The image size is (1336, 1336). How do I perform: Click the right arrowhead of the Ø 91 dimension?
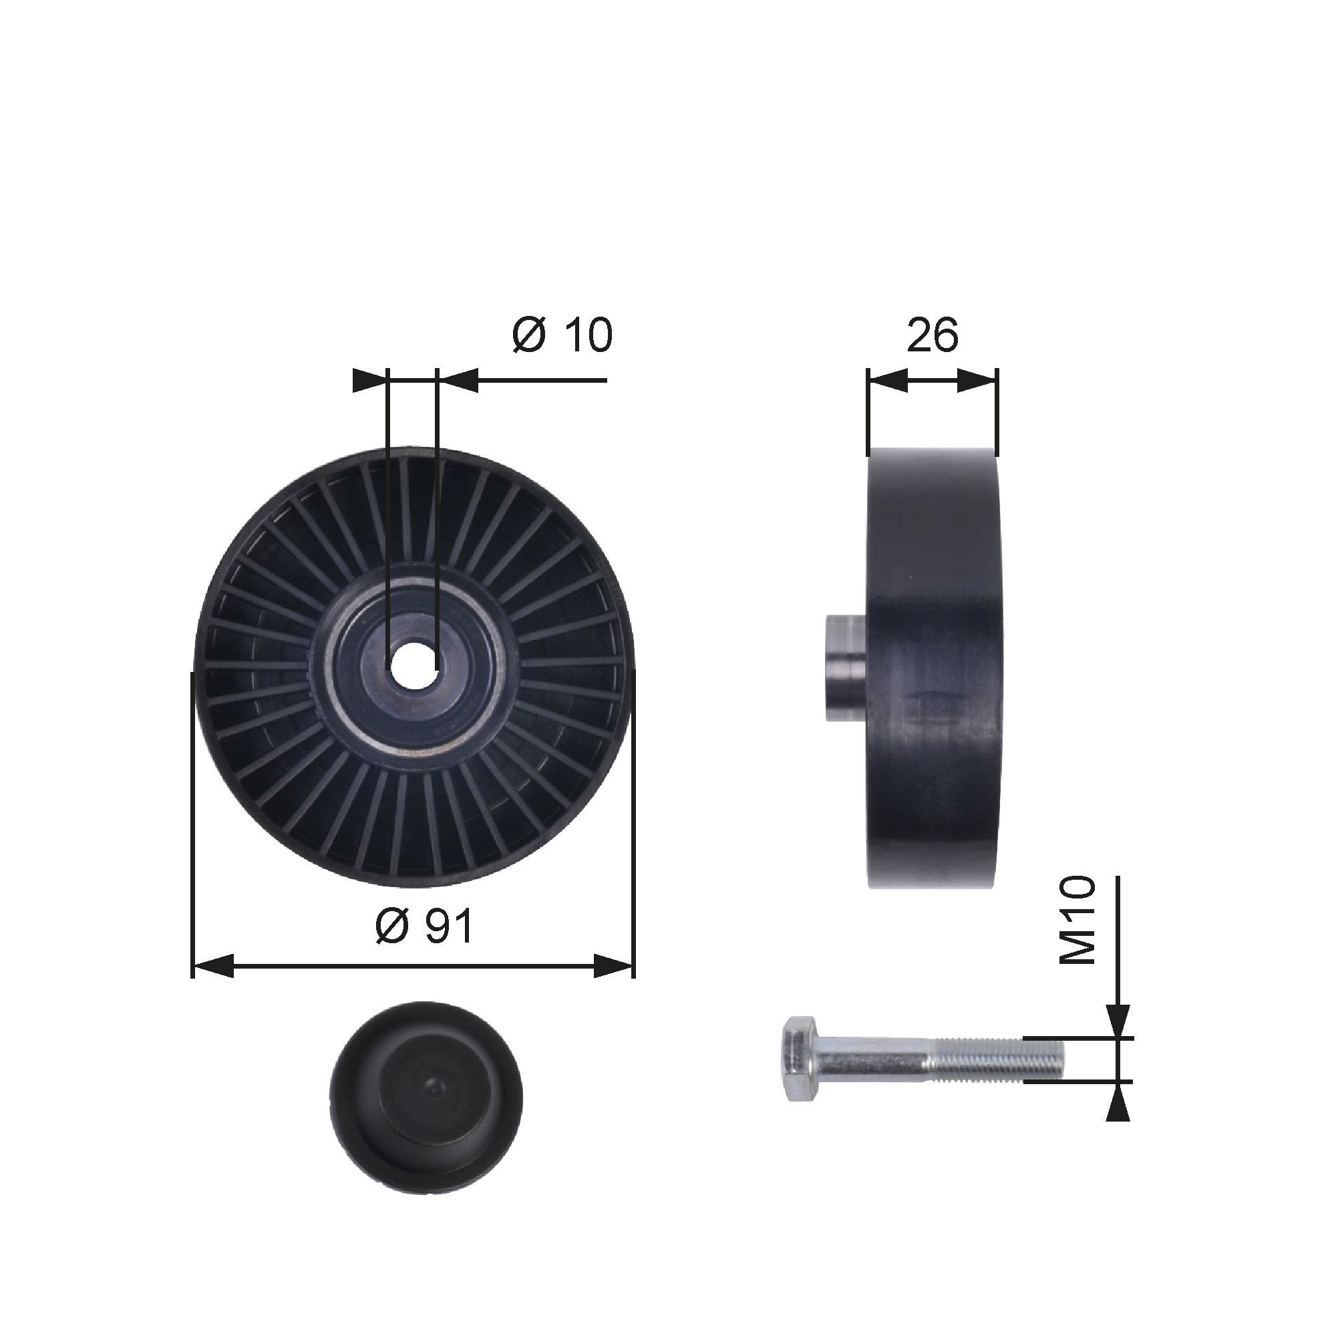pyautogui.click(x=613, y=965)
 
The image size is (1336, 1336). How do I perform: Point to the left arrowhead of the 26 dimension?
pyautogui.click(x=887, y=379)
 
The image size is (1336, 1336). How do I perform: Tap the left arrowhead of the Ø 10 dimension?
pyautogui.click(x=369, y=379)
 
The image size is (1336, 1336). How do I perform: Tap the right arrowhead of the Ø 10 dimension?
pyautogui.click(x=458, y=379)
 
